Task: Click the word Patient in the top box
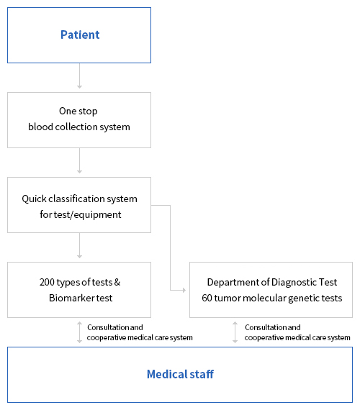(x=80, y=35)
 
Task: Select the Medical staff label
(x=180, y=374)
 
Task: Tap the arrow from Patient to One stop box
(x=80, y=76)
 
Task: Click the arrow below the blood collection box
(x=80, y=160)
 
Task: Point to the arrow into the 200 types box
(x=80, y=245)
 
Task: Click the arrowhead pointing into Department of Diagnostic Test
(x=184, y=290)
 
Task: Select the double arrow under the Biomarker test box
(x=80, y=332)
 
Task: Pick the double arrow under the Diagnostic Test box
(x=235, y=332)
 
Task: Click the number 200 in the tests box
(x=47, y=282)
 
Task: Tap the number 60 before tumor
(x=207, y=298)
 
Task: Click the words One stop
(x=78, y=111)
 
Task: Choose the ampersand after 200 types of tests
(x=117, y=282)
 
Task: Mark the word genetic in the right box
(x=303, y=299)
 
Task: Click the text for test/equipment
(x=81, y=214)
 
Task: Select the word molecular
(x=264, y=298)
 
